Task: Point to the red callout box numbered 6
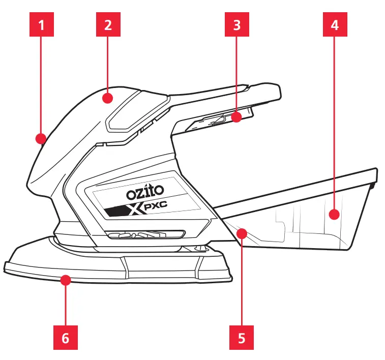(66, 337)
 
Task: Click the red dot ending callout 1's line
(41, 138)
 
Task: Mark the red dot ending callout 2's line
(108, 97)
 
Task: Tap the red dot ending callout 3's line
(236, 118)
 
